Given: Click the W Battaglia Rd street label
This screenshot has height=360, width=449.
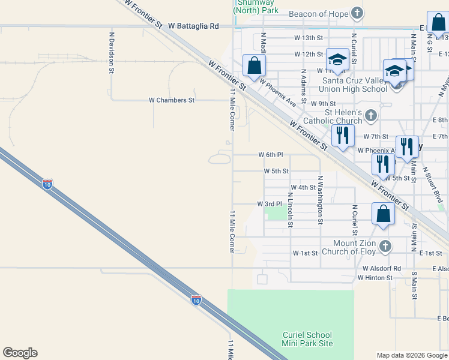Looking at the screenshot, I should click(193, 26).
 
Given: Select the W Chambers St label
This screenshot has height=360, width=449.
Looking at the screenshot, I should click(172, 100).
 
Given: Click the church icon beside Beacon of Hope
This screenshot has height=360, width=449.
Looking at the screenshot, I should click(357, 13).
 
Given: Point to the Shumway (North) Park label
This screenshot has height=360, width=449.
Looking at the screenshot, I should click(256, 7).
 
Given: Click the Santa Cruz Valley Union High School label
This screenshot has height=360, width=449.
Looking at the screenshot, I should click(355, 85).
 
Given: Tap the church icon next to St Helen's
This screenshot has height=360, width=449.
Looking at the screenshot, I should click(371, 115).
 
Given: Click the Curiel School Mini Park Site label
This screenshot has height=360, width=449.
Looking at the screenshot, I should click(307, 339).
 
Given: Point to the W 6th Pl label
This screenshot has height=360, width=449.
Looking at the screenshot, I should click(270, 155).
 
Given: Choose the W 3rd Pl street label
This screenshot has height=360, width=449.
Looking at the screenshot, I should click(270, 204).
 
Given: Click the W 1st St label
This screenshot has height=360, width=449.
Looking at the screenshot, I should click(305, 253).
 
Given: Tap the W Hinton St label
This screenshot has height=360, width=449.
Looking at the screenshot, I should click(375, 278).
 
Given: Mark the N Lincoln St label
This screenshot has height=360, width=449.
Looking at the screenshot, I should click(290, 209).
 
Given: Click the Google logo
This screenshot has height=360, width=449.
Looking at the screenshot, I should click(20, 353).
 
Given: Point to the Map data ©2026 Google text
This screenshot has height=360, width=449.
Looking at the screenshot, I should click(411, 355).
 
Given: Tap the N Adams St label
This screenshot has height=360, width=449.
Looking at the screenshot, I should click(304, 83).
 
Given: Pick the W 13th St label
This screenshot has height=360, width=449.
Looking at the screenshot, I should click(309, 37).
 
